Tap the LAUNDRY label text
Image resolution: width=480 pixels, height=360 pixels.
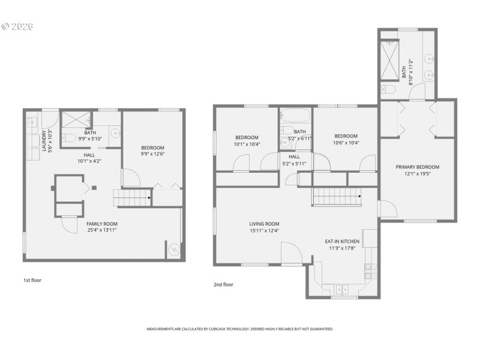(x=44, y=140)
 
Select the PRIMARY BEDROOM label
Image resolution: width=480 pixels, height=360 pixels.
(x=417, y=167)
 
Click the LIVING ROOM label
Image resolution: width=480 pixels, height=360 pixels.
(x=265, y=223)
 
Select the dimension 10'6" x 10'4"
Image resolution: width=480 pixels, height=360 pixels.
(x=346, y=143)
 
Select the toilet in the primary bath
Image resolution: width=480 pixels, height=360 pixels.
(x=388, y=90)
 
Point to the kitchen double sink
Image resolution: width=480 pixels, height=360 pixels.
(x=341, y=289)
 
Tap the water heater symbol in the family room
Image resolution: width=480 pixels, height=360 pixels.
(x=173, y=250)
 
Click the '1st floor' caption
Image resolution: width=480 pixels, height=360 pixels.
(x=32, y=280)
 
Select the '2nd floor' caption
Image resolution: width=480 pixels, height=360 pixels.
(x=223, y=284)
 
